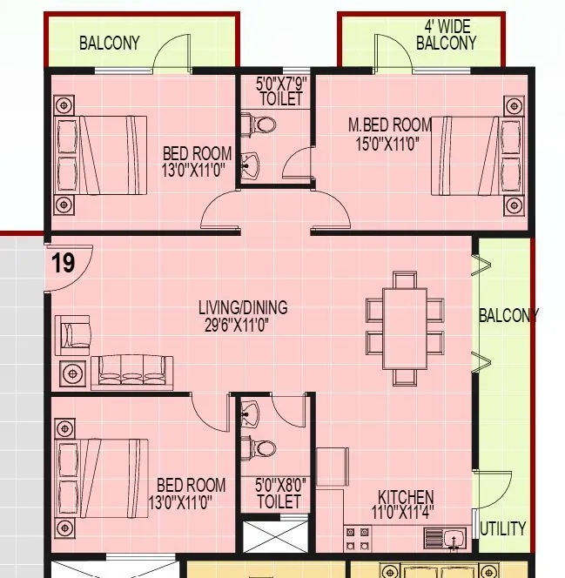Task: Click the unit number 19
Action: (63, 263)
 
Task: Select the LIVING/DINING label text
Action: (242, 308)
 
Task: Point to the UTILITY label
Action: (502, 528)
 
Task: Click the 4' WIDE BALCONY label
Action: (446, 36)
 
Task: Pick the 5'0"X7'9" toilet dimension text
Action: (280, 84)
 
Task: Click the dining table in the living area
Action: (404, 328)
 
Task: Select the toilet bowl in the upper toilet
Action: (262, 125)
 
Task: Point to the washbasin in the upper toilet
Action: (251, 162)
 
